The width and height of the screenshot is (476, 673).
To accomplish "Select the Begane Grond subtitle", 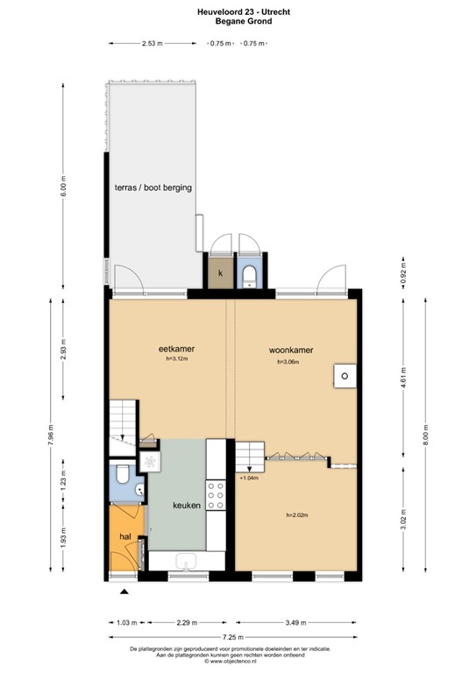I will pyautogui.click(x=238, y=22).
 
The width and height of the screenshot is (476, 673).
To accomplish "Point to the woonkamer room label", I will pyautogui.click(x=291, y=350).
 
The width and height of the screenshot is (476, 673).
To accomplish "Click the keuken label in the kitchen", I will pyautogui.click(x=187, y=506).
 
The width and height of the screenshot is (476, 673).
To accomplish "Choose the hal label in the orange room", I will pyautogui.click(x=125, y=536).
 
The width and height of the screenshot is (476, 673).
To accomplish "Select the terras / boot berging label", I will pyautogui.click(x=153, y=188).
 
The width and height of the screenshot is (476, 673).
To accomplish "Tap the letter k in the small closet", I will pyautogui.click(x=221, y=273).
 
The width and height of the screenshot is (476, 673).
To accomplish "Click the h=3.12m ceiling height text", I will pyautogui.click(x=176, y=359).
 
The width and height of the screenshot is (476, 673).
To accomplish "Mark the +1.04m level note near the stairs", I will pyautogui.click(x=248, y=479).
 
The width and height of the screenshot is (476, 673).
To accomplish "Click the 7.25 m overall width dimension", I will pyautogui.click(x=234, y=638).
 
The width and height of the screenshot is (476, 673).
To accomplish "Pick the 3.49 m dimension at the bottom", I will pyautogui.click(x=296, y=623).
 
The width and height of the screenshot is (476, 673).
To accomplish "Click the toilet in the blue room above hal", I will pyautogui.click(x=121, y=478).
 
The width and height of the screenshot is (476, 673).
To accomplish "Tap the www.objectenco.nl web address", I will pyautogui.click(x=238, y=662).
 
